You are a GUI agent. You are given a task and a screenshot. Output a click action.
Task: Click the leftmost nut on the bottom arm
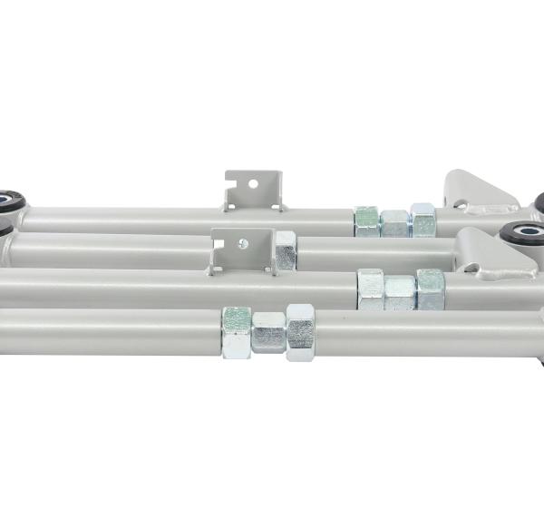click(x=237, y=330)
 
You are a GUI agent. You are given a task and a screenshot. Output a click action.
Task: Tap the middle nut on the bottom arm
click(x=268, y=333)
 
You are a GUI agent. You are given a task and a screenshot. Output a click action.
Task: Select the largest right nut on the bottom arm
click(x=300, y=332)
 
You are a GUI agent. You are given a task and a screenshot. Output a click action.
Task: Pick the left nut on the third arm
click(x=370, y=289)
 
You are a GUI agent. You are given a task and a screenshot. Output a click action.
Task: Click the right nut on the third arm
click(x=430, y=289)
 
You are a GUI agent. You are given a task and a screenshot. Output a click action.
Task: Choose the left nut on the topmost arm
click(x=367, y=221)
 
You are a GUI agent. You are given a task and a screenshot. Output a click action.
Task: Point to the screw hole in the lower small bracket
click(x=242, y=243)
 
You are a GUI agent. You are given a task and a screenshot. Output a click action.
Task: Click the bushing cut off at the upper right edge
click(x=539, y=201)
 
